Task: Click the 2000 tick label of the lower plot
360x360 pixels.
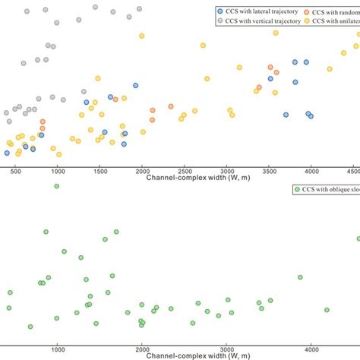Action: pos(142,349)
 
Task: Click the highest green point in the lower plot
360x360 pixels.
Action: pos(56,186)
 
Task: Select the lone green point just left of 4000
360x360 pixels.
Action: pos(300,277)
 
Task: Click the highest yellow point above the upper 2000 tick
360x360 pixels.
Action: pos(141,36)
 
